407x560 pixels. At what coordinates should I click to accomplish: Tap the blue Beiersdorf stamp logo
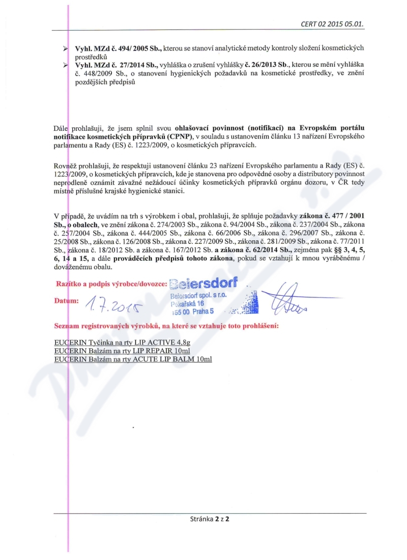pyautogui.click(x=203, y=284)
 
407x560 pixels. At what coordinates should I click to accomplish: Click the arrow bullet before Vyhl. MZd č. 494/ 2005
pyautogui.click(x=66, y=48)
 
